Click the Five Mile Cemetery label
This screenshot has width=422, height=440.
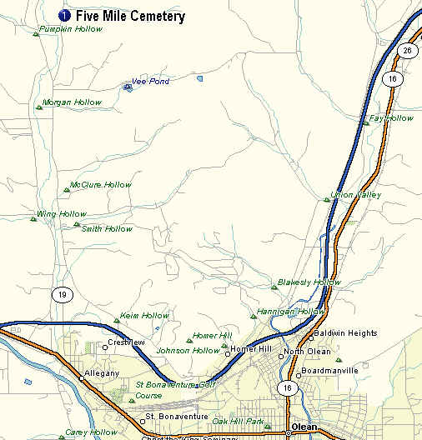click(129, 16)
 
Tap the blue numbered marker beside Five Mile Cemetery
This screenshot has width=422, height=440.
click(64, 16)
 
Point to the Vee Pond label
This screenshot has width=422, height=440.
click(150, 82)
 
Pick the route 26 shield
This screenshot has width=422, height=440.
click(407, 51)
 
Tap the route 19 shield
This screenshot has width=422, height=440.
click(61, 294)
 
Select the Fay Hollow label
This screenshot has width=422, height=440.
click(391, 118)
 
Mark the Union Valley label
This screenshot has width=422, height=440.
click(356, 195)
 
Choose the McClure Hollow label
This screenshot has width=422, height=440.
click(101, 185)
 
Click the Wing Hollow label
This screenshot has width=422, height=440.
click(62, 214)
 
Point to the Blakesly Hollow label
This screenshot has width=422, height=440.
click(309, 282)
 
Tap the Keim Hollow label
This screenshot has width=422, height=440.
click(144, 316)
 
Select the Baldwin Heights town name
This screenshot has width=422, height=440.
click(345, 333)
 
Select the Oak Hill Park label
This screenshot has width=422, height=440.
click(238, 421)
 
